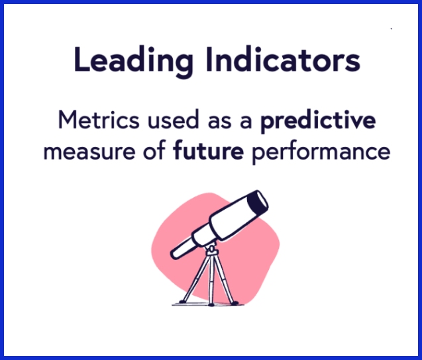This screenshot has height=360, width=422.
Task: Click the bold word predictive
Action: point(318,122)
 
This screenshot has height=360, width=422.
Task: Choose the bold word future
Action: point(208,152)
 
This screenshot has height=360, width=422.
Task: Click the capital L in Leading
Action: point(81,60)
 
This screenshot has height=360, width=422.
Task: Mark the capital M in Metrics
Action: point(67,121)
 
